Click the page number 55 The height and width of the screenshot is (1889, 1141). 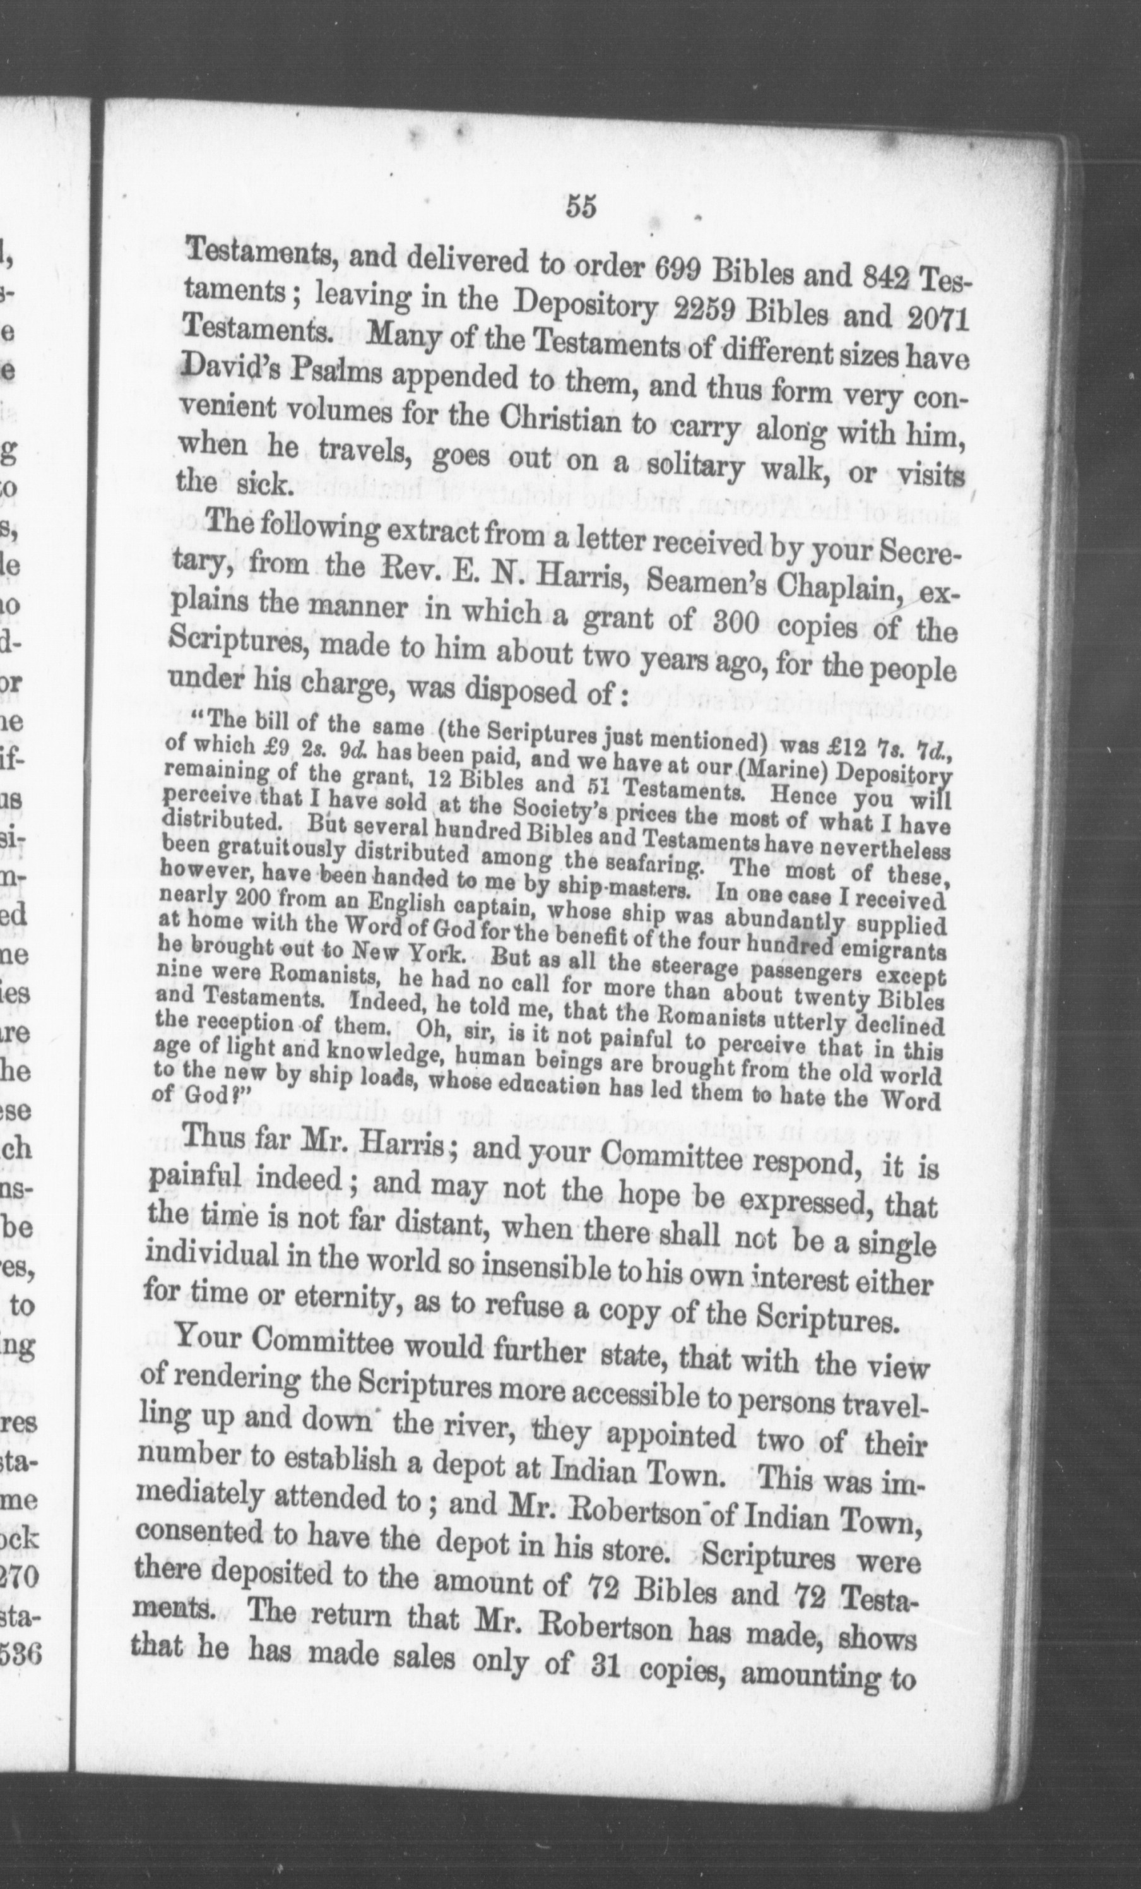pyautogui.click(x=581, y=208)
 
